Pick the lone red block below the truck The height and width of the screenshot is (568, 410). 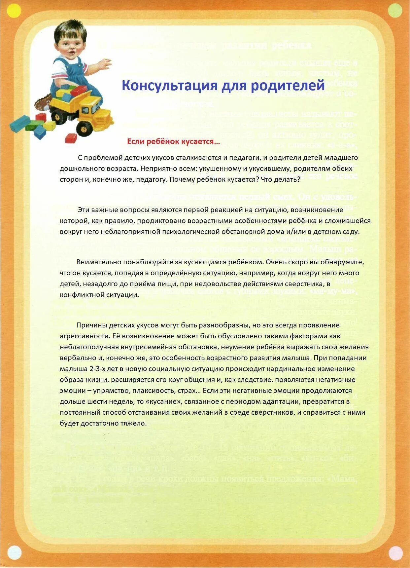(x=71, y=138)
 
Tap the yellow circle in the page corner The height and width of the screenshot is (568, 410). (x=14, y=11)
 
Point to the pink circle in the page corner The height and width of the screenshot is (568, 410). (x=395, y=553)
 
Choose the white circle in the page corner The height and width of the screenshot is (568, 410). (x=14, y=552)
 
